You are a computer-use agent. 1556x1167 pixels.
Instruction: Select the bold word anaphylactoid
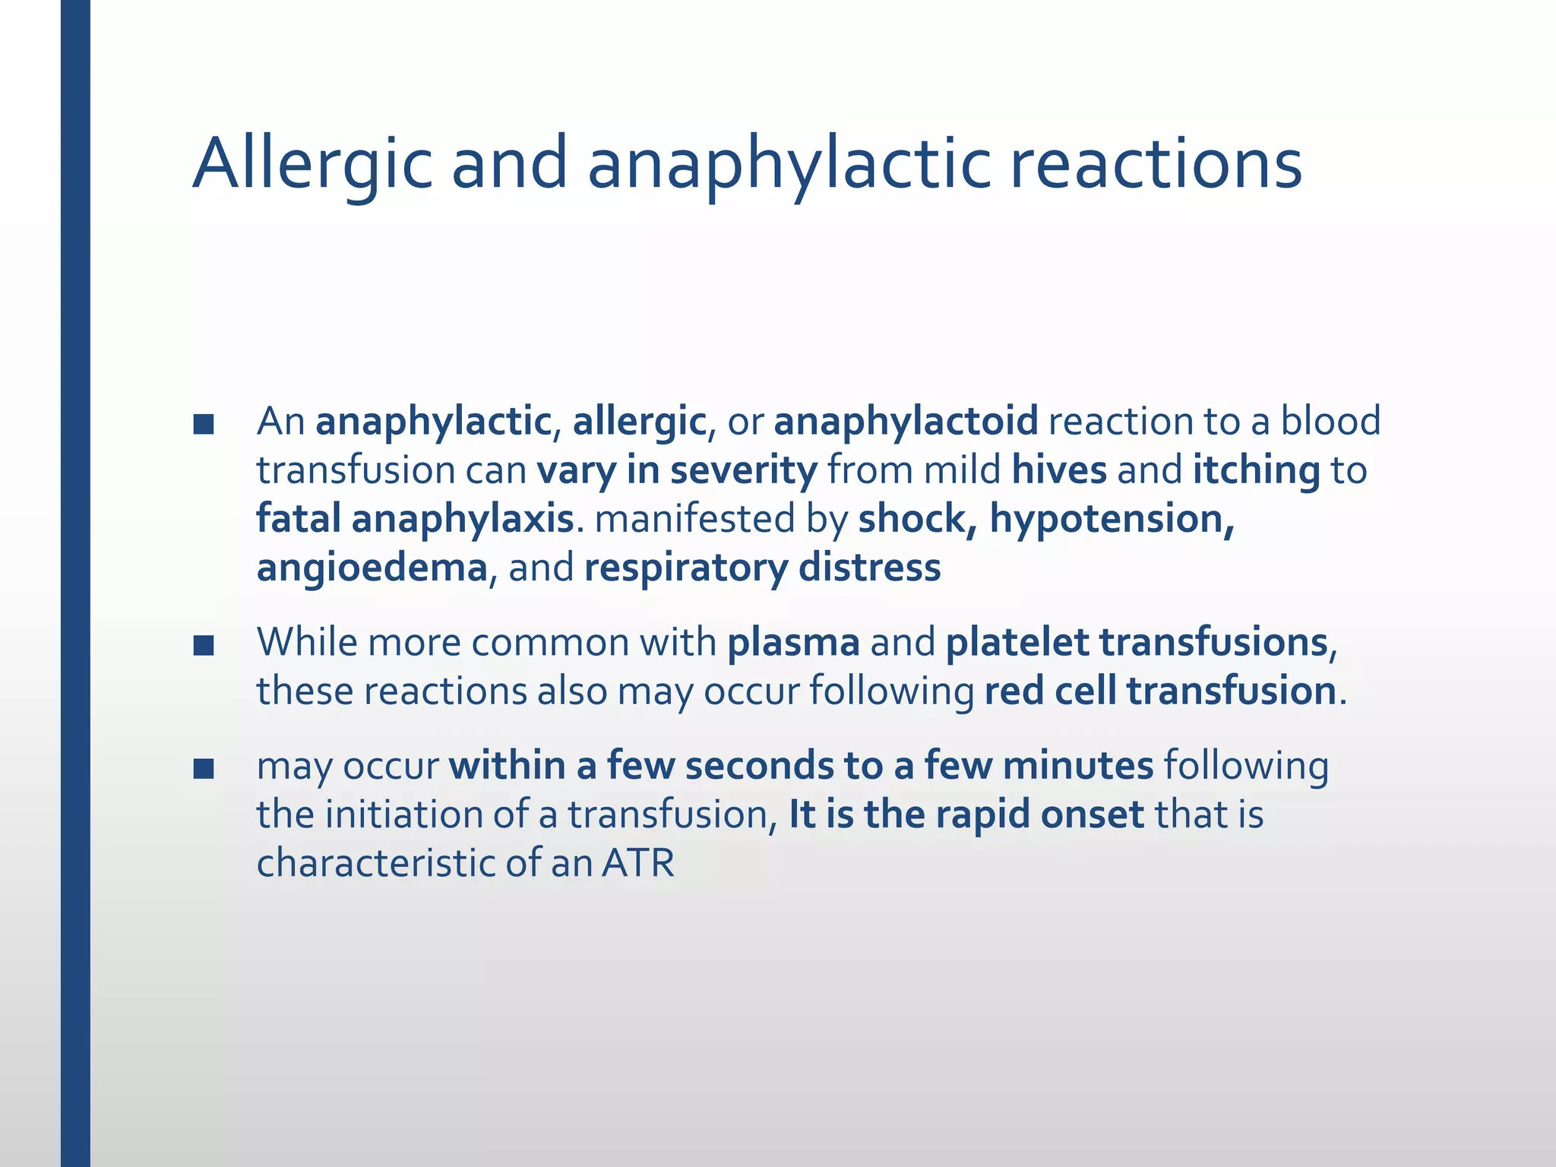906,422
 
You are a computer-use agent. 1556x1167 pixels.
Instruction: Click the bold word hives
1059,470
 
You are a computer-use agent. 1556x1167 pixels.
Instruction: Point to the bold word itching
1256,470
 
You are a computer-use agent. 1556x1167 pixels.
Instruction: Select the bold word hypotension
1111,520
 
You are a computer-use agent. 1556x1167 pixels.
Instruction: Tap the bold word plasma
793,643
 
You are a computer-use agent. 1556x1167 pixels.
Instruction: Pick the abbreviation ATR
638,863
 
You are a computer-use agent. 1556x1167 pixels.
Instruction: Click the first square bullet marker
203,424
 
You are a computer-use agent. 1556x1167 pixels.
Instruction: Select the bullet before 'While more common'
203,645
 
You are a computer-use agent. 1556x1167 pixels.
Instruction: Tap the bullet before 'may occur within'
203,768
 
